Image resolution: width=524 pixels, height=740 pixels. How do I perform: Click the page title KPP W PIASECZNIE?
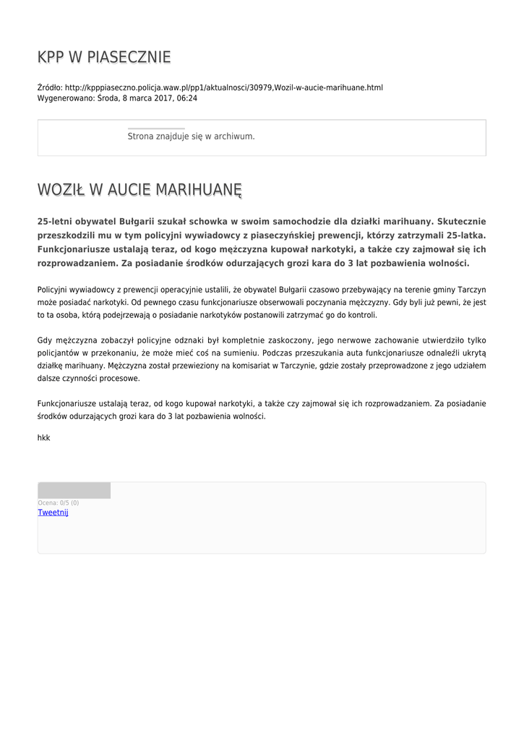click(104, 57)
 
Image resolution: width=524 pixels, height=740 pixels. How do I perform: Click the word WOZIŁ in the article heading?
click(61, 190)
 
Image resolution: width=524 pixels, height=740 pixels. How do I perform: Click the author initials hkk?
click(43, 437)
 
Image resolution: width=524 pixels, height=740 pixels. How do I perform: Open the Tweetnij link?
click(53, 512)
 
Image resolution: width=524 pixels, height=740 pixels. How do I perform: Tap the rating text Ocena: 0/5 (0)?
click(59, 503)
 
